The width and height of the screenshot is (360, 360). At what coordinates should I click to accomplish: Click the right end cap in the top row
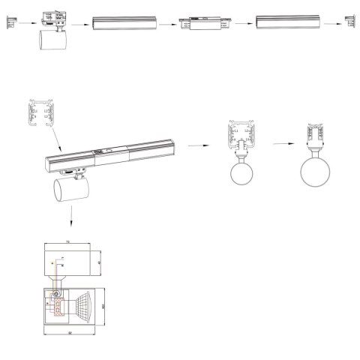(349, 24)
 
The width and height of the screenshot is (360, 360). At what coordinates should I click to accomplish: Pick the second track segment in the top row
(288, 23)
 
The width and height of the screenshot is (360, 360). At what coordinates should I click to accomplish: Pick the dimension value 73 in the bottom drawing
(68, 241)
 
